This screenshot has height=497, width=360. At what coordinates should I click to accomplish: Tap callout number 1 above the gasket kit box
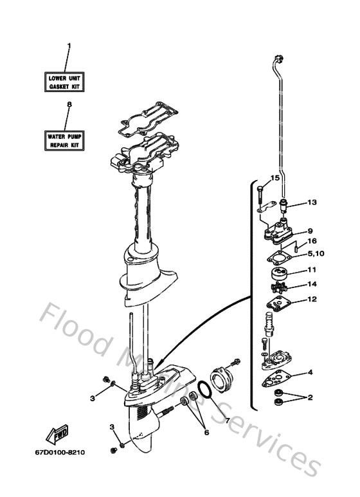click(69, 46)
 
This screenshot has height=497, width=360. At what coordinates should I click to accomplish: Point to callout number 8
click(69, 105)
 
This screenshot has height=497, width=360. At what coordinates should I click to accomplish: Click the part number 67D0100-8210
click(60, 452)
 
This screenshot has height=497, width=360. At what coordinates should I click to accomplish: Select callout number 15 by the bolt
click(274, 178)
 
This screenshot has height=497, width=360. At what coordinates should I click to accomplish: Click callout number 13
click(312, 203)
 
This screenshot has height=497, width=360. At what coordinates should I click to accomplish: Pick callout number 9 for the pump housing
click(309, 231)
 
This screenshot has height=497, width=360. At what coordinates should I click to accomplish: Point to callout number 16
click(311, 242)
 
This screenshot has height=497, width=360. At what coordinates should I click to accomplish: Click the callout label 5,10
click(315, 253)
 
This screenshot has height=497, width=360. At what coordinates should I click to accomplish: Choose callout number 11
click(311, 270)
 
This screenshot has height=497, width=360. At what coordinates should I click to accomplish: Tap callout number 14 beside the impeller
click(312, 284)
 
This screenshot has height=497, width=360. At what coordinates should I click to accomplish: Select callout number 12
click(311, 299)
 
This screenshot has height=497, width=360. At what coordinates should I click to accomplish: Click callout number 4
click(310, 372)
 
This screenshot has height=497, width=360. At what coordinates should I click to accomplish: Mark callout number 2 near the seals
click(309, 397)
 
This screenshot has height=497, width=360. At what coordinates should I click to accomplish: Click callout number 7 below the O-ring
click(226, 420)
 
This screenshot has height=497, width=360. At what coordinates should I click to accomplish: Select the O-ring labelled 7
click(203, 389)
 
